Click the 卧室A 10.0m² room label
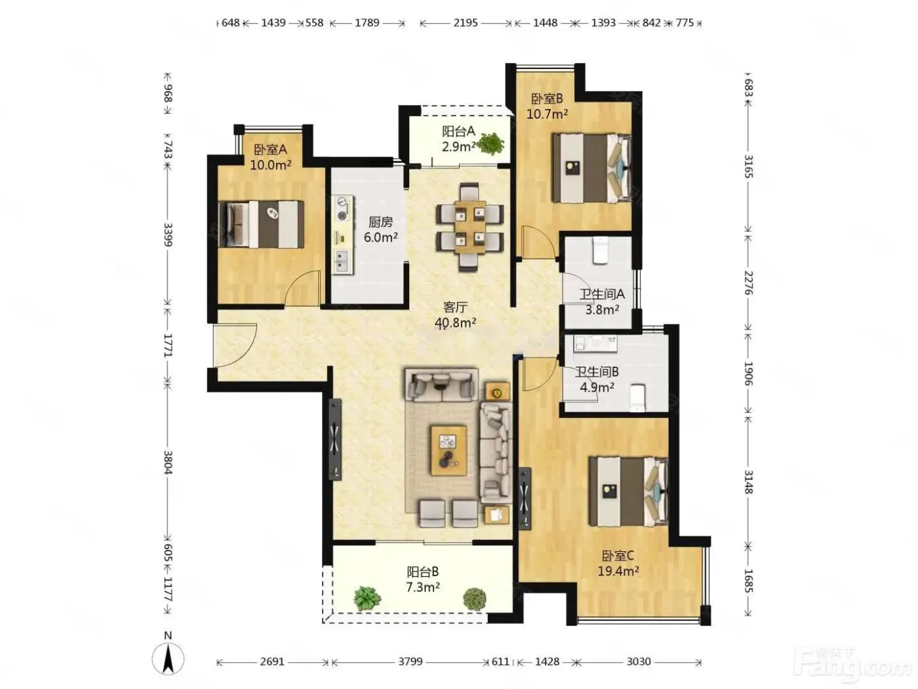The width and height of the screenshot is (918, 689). pos(269,157)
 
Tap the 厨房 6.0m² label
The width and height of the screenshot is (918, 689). pos(380,229)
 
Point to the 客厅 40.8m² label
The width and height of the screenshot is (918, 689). pos(455,315)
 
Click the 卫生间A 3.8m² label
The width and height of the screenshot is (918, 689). pos(601,302)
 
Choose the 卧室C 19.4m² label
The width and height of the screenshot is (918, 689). pos(618,562)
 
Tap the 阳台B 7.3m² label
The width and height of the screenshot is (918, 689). pos(422,579)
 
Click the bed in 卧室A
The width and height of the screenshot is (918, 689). pos(262,224)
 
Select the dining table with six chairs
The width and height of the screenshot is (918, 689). pos(469,227)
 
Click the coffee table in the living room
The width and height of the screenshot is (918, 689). pos(449,450)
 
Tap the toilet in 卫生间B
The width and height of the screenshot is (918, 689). pos(637,397)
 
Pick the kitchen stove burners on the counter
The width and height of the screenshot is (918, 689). pos(342,208)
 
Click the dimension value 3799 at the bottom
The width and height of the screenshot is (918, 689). pos(410,661)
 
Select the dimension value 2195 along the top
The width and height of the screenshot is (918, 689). pos(465,22)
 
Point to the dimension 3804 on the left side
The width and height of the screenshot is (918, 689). pos(167,462)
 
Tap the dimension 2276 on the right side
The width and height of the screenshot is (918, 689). pos(748,283)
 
